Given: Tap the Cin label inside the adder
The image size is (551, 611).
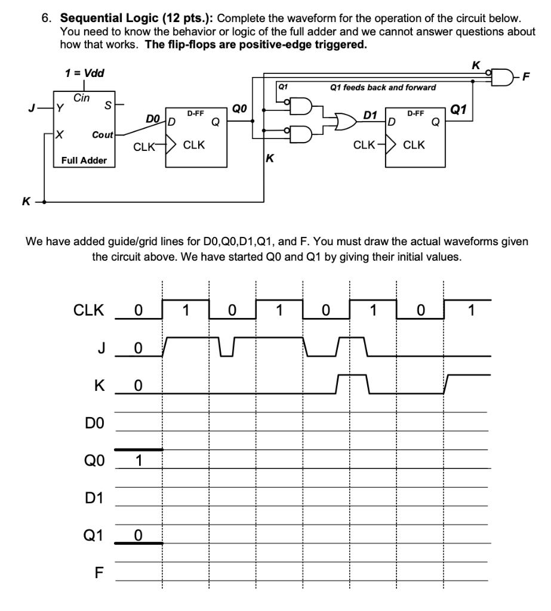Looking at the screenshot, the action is (x=82, y=97).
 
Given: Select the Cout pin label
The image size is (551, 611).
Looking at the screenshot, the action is (x=101, y=135).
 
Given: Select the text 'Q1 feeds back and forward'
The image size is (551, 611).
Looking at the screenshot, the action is (x=383, y=87).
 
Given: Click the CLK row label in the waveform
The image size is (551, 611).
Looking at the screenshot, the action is (x=88, y=310).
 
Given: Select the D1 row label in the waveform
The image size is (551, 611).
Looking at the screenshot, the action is (x=96, y=498).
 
